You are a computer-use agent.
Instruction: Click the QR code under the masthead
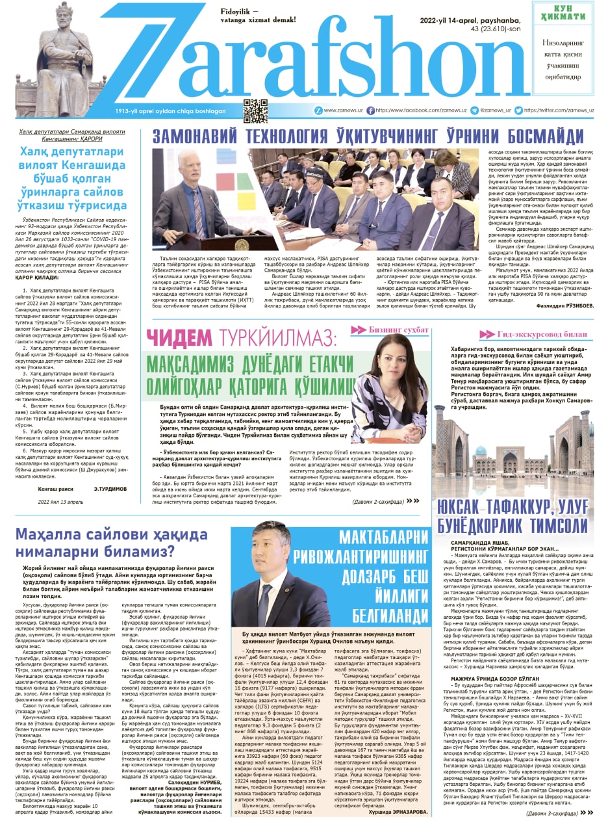point(255,110)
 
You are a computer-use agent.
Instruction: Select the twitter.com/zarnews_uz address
point(559,110)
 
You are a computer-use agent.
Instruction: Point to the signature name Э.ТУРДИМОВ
point(110,489)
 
